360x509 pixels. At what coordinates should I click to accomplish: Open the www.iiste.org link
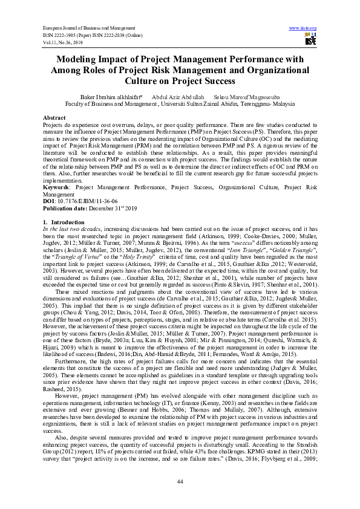point(303,28)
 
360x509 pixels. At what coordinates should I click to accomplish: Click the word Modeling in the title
point(80,59)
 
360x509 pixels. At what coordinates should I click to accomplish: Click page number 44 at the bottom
point(180,481)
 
